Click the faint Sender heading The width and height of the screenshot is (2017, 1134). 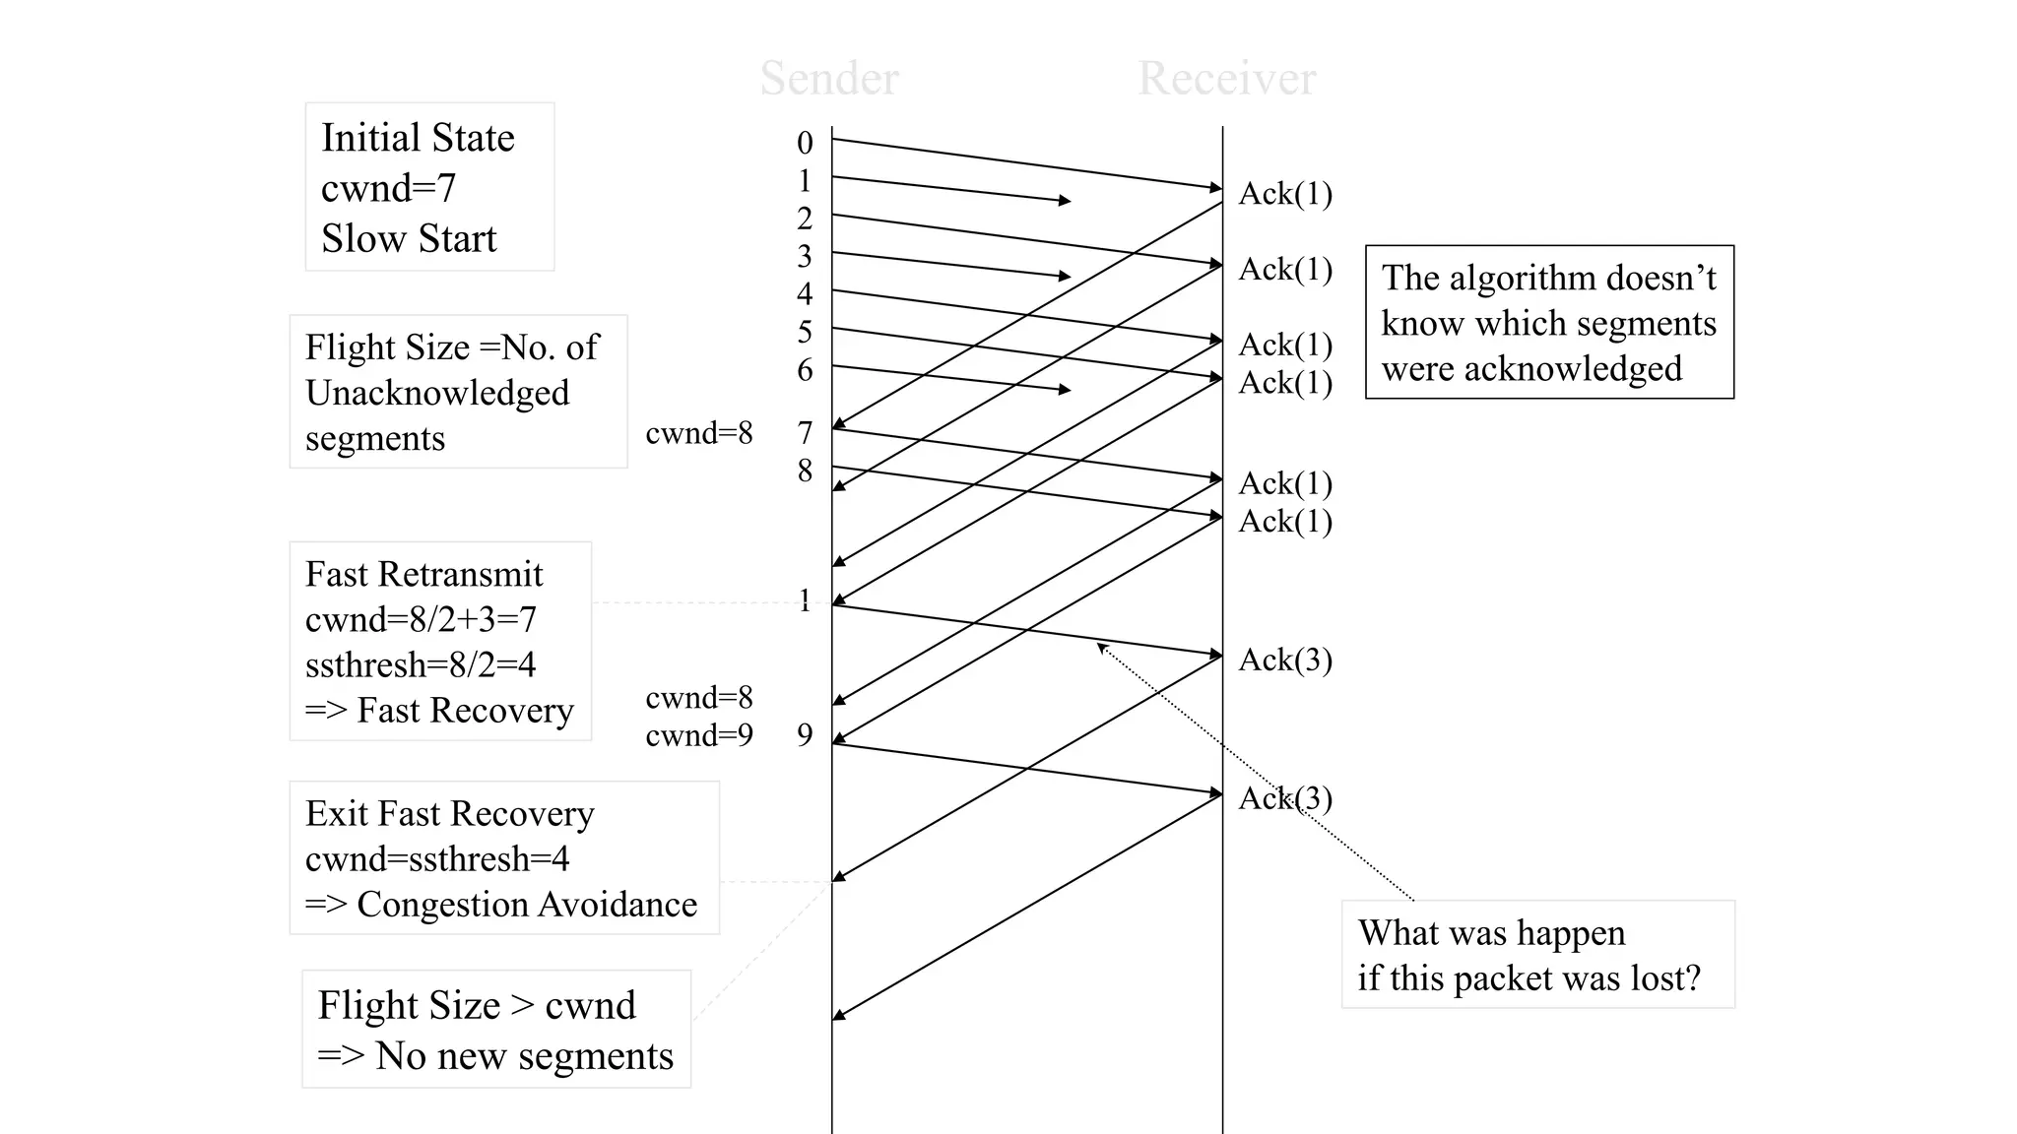pos(829,79)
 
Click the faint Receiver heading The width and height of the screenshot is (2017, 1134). pos(1226,79)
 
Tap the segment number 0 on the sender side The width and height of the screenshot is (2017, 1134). pos(805,143)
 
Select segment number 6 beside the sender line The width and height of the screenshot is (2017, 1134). pos(805,370)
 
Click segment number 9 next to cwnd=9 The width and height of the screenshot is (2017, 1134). pos(805,735)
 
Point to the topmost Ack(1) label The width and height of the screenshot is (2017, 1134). pos(1285,194)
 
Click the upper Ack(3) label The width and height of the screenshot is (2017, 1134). pos(1285,660)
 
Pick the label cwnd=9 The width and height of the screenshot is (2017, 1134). pos(699,735)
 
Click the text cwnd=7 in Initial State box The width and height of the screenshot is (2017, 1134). pos(389,188)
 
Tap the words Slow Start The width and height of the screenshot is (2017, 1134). pos(409,238)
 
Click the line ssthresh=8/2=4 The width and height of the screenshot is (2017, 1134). pos(421,665)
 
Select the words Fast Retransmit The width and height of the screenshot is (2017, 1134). pos(423,574)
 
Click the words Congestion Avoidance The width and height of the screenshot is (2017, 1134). pos(527,905)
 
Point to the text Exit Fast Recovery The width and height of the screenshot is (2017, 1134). pos(450,814)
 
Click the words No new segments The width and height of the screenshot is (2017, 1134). pos(524,1056)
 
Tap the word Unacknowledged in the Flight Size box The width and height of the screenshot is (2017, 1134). pos(437,393)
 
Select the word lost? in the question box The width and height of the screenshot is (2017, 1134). pos(1665,978)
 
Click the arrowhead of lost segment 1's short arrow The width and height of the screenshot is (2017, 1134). pos(1066,201)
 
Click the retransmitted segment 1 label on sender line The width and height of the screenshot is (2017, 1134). pos(805,600)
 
